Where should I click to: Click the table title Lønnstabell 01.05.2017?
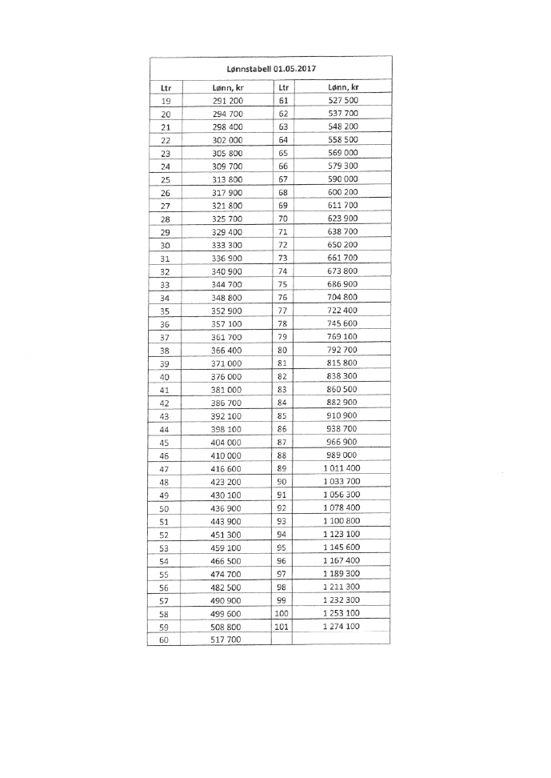coord(272,69)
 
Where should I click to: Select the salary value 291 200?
coord(227,101)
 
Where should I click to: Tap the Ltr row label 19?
coord(166,101)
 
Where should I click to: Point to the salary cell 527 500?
coord(343,101)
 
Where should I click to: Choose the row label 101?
coord(281,626)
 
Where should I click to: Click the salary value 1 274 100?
coord(341,626)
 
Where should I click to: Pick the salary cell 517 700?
coord(227,640)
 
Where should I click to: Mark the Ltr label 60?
coord(166,640)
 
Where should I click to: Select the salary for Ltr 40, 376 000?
coord(227,376)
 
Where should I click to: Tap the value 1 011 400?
coord(341,468)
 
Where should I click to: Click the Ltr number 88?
coord(281,455)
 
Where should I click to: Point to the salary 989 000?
coord(343,455)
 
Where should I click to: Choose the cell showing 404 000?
coord(227,443)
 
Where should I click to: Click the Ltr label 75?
coord(281,284)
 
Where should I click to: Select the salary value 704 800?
coord(343,298)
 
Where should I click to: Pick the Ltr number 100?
coord(281,613)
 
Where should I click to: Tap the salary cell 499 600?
coord(227,613)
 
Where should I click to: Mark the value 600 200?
coord(343,193)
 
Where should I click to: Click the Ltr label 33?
coord(166,284)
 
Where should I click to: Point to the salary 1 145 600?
coord(341,547)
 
